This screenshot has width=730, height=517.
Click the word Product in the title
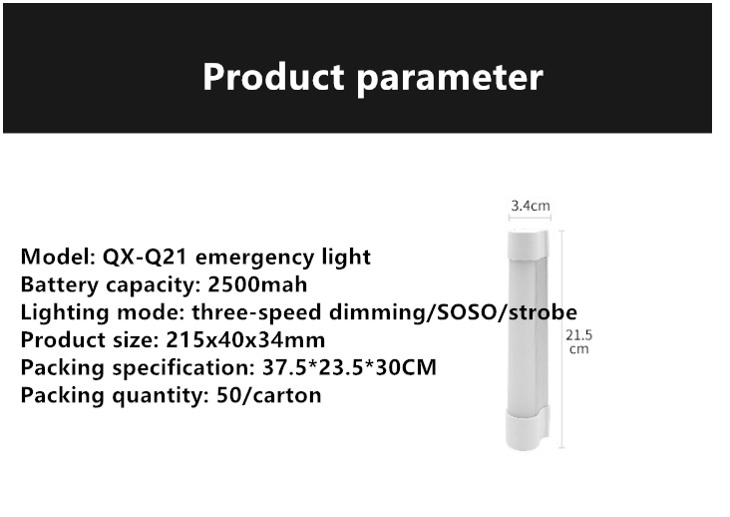pos(273,77)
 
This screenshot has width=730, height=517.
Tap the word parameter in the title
pos(450,79)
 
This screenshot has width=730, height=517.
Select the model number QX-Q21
pos(145,257)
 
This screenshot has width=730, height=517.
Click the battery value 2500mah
pos(257,284)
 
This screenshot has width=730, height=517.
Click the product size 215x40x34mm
pos(245,340)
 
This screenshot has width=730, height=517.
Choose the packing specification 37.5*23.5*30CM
pos(349,367)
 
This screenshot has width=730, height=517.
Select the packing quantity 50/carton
pos(268,395)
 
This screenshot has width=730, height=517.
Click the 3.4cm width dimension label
pos(531,206)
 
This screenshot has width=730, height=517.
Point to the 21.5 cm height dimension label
pos(579,342)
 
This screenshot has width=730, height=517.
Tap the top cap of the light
pos(529,248)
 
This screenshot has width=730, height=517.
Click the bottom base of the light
pos(527,430)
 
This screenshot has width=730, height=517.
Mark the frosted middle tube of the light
pos(528,336)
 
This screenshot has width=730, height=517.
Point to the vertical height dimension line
pos(561,339)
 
